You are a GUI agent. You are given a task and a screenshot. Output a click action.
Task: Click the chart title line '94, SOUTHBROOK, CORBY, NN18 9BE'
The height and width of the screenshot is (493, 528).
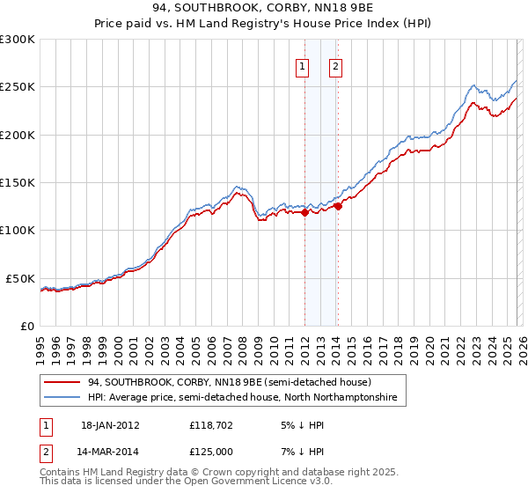click(264, 10)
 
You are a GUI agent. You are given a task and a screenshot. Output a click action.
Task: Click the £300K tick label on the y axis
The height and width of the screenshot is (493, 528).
click(18, 40)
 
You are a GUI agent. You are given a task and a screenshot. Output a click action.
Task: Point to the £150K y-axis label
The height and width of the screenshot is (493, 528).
click(18, 183)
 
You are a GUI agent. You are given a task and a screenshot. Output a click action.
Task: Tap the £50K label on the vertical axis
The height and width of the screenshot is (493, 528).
click(20, 278)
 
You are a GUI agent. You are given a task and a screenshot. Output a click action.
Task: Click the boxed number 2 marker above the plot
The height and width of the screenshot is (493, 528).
click(336, 65)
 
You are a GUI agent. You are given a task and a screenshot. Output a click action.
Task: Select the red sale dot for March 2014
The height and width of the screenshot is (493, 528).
click(338, 206)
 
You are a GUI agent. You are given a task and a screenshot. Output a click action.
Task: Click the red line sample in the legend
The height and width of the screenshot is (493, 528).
click(63, 383)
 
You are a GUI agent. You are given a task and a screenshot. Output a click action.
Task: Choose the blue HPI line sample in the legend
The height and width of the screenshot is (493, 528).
click(63, 398)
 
